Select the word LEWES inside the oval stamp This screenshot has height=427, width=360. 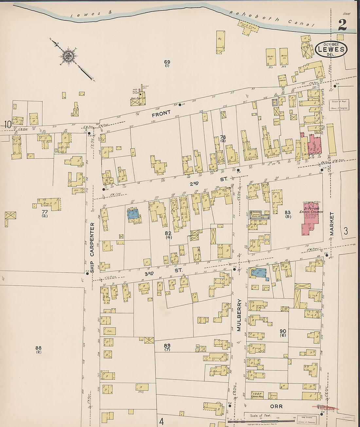[331, 49]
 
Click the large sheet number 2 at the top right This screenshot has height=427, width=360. [342, 25]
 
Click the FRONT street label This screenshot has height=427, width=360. [161, 113]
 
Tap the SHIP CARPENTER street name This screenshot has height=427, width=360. [92, 248]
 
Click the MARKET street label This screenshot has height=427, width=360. [332, 224]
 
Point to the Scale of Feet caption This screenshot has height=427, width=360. [261, 416]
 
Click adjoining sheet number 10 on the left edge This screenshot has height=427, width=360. [8, 124]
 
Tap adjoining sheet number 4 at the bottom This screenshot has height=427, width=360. [161, 421]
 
